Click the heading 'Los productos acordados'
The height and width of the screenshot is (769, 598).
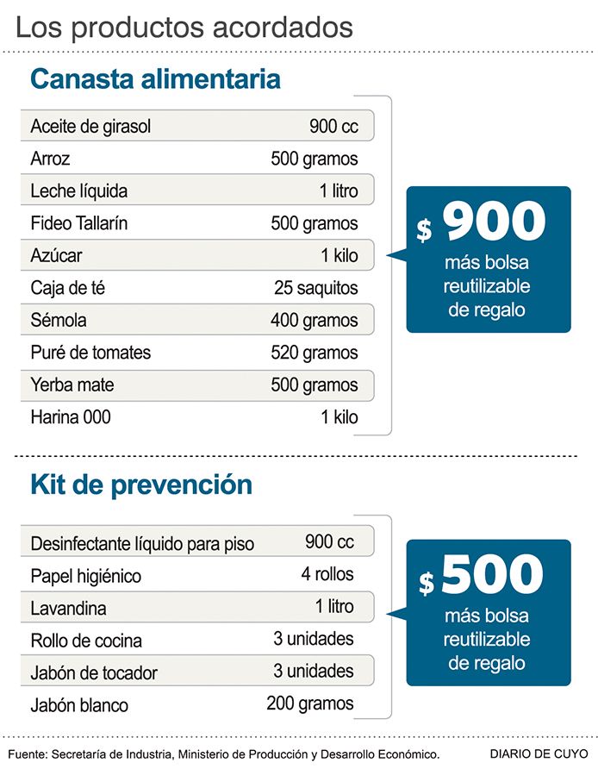point(184,27)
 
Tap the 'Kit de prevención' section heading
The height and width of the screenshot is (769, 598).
point(141,484)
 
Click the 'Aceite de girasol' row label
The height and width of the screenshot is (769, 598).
point(90,127)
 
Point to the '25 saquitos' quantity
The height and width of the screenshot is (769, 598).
point(315,287)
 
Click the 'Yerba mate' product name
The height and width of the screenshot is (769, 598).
point(72,385)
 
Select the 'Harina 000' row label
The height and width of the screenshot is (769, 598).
point(71,417)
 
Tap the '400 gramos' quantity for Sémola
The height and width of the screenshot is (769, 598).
point(314,321)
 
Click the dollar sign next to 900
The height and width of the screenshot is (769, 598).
point(424,230)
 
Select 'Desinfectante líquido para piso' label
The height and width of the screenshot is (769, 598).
point(143,544)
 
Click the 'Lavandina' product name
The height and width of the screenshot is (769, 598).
point(69,609)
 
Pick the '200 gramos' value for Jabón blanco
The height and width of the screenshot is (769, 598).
point(310,703)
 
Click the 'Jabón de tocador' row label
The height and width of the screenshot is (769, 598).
point(94,673)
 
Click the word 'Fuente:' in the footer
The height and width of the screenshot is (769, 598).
point(27,754)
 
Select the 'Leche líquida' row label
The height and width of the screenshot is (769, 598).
point(78,191)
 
